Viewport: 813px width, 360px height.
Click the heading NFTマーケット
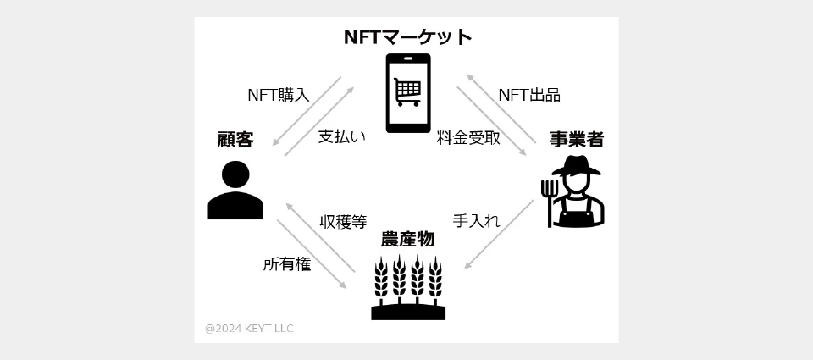coord(407,37)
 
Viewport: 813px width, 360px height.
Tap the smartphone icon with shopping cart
coord(408,93)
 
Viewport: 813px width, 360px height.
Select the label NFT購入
coord(278,95)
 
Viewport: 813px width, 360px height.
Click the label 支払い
coord(342,136)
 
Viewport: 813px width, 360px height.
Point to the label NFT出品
coord(529,95)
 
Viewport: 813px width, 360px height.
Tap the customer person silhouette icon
coord(235,191)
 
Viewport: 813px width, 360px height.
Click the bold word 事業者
coord(577,140)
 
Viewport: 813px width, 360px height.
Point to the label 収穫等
coord(343,222)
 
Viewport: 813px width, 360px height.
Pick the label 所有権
coord(286,264)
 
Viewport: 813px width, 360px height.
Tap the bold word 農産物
coord(408,239)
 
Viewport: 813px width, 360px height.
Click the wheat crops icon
coord(408,288)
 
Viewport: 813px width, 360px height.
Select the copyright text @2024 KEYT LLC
coord(250,328)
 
